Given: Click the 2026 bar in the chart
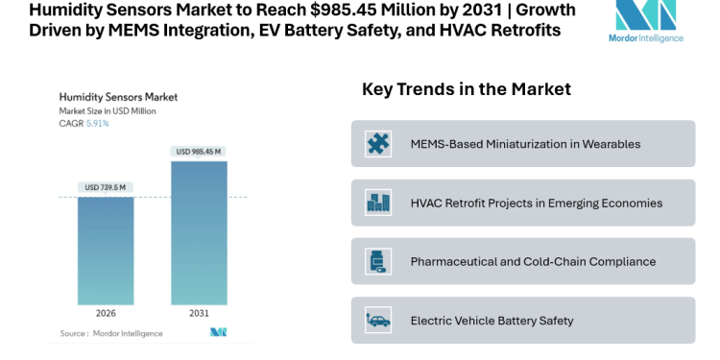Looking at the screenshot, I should (105, 250).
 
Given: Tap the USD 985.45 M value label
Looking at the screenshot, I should (199, 152).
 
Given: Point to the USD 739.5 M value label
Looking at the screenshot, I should (105, 187).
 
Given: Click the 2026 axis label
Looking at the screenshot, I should (105, 313).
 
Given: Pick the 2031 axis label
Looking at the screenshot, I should (199, 313).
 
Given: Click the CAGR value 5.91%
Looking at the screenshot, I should (98, 124).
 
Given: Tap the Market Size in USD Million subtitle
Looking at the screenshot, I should (108, 111).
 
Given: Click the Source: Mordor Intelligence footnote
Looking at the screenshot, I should (110, 333).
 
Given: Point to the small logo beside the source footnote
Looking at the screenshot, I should (218, 332).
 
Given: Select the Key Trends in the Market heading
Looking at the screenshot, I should (467, 89).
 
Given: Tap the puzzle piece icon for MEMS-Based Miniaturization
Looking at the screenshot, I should (378, 144).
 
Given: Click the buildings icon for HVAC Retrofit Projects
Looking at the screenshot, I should (378, 203).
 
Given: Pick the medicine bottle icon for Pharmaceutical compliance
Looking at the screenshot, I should (378, 261).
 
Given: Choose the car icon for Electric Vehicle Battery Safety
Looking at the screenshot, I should (378, 320).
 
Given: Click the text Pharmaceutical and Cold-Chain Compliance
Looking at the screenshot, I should (533, 261).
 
